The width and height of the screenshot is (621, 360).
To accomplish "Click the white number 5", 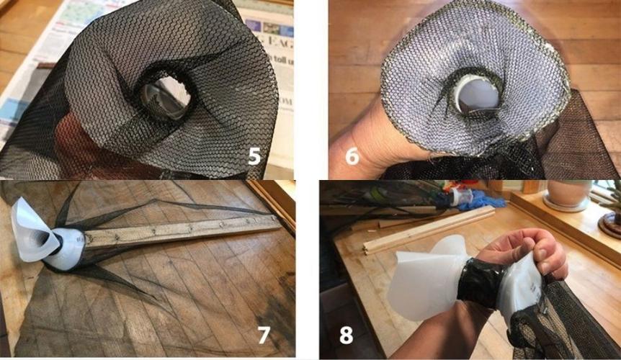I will [x=254, y=155].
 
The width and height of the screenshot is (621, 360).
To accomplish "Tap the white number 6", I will [x=352, y=155].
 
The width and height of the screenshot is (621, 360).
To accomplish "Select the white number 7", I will [x=264, y=335].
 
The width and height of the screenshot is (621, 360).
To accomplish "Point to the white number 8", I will [x=347, y=335].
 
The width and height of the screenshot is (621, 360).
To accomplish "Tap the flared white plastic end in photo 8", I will [x=425, y=281].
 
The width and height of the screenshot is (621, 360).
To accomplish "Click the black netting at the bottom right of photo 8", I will [x=569, y=331].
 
